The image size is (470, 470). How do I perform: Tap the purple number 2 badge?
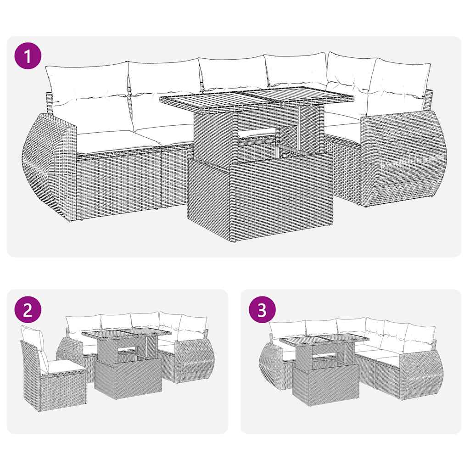(28, 310)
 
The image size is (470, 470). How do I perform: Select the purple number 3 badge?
(262, 310)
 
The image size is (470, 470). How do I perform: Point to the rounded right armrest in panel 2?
(192, 363)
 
